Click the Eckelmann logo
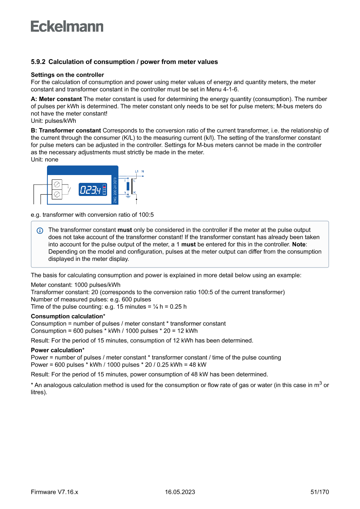coord(67,26)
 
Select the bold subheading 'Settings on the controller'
coord(67,75)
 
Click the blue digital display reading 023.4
coord(90,190)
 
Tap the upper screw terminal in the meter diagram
coord(57,185)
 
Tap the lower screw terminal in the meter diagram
coord(57,196)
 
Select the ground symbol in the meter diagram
coord(128,196)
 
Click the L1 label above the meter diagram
coord(137,171)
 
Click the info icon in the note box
coord(40,230)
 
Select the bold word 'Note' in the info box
coord(299,245)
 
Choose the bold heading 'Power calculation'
coord(57,350)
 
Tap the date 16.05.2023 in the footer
coord(180,492)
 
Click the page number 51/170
coord(320,492)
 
